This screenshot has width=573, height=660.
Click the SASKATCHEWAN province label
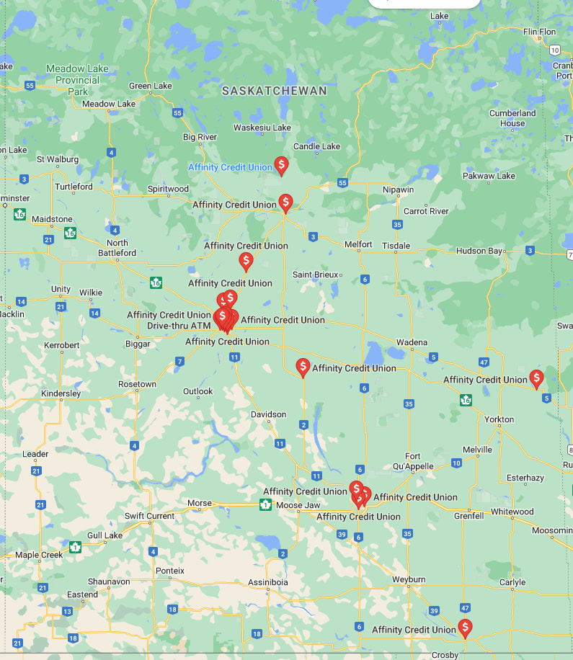coord(274,91)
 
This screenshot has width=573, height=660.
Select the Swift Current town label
coord(149,516)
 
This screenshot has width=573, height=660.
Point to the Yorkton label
coord(499,419)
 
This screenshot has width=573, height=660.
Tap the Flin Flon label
coord(540,32)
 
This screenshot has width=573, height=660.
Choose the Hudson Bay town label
coord(479,251)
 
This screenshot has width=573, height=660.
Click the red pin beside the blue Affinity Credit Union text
coord(281,165)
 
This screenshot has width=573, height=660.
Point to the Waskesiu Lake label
coord(262,128)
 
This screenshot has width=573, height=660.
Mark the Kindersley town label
coord(61,393)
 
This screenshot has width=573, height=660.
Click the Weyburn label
coord(409,579)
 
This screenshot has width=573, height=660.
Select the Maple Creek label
coord(40,555)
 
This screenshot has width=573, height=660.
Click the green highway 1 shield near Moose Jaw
coord(265,504)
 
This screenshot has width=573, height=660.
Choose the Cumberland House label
coord(512,118)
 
